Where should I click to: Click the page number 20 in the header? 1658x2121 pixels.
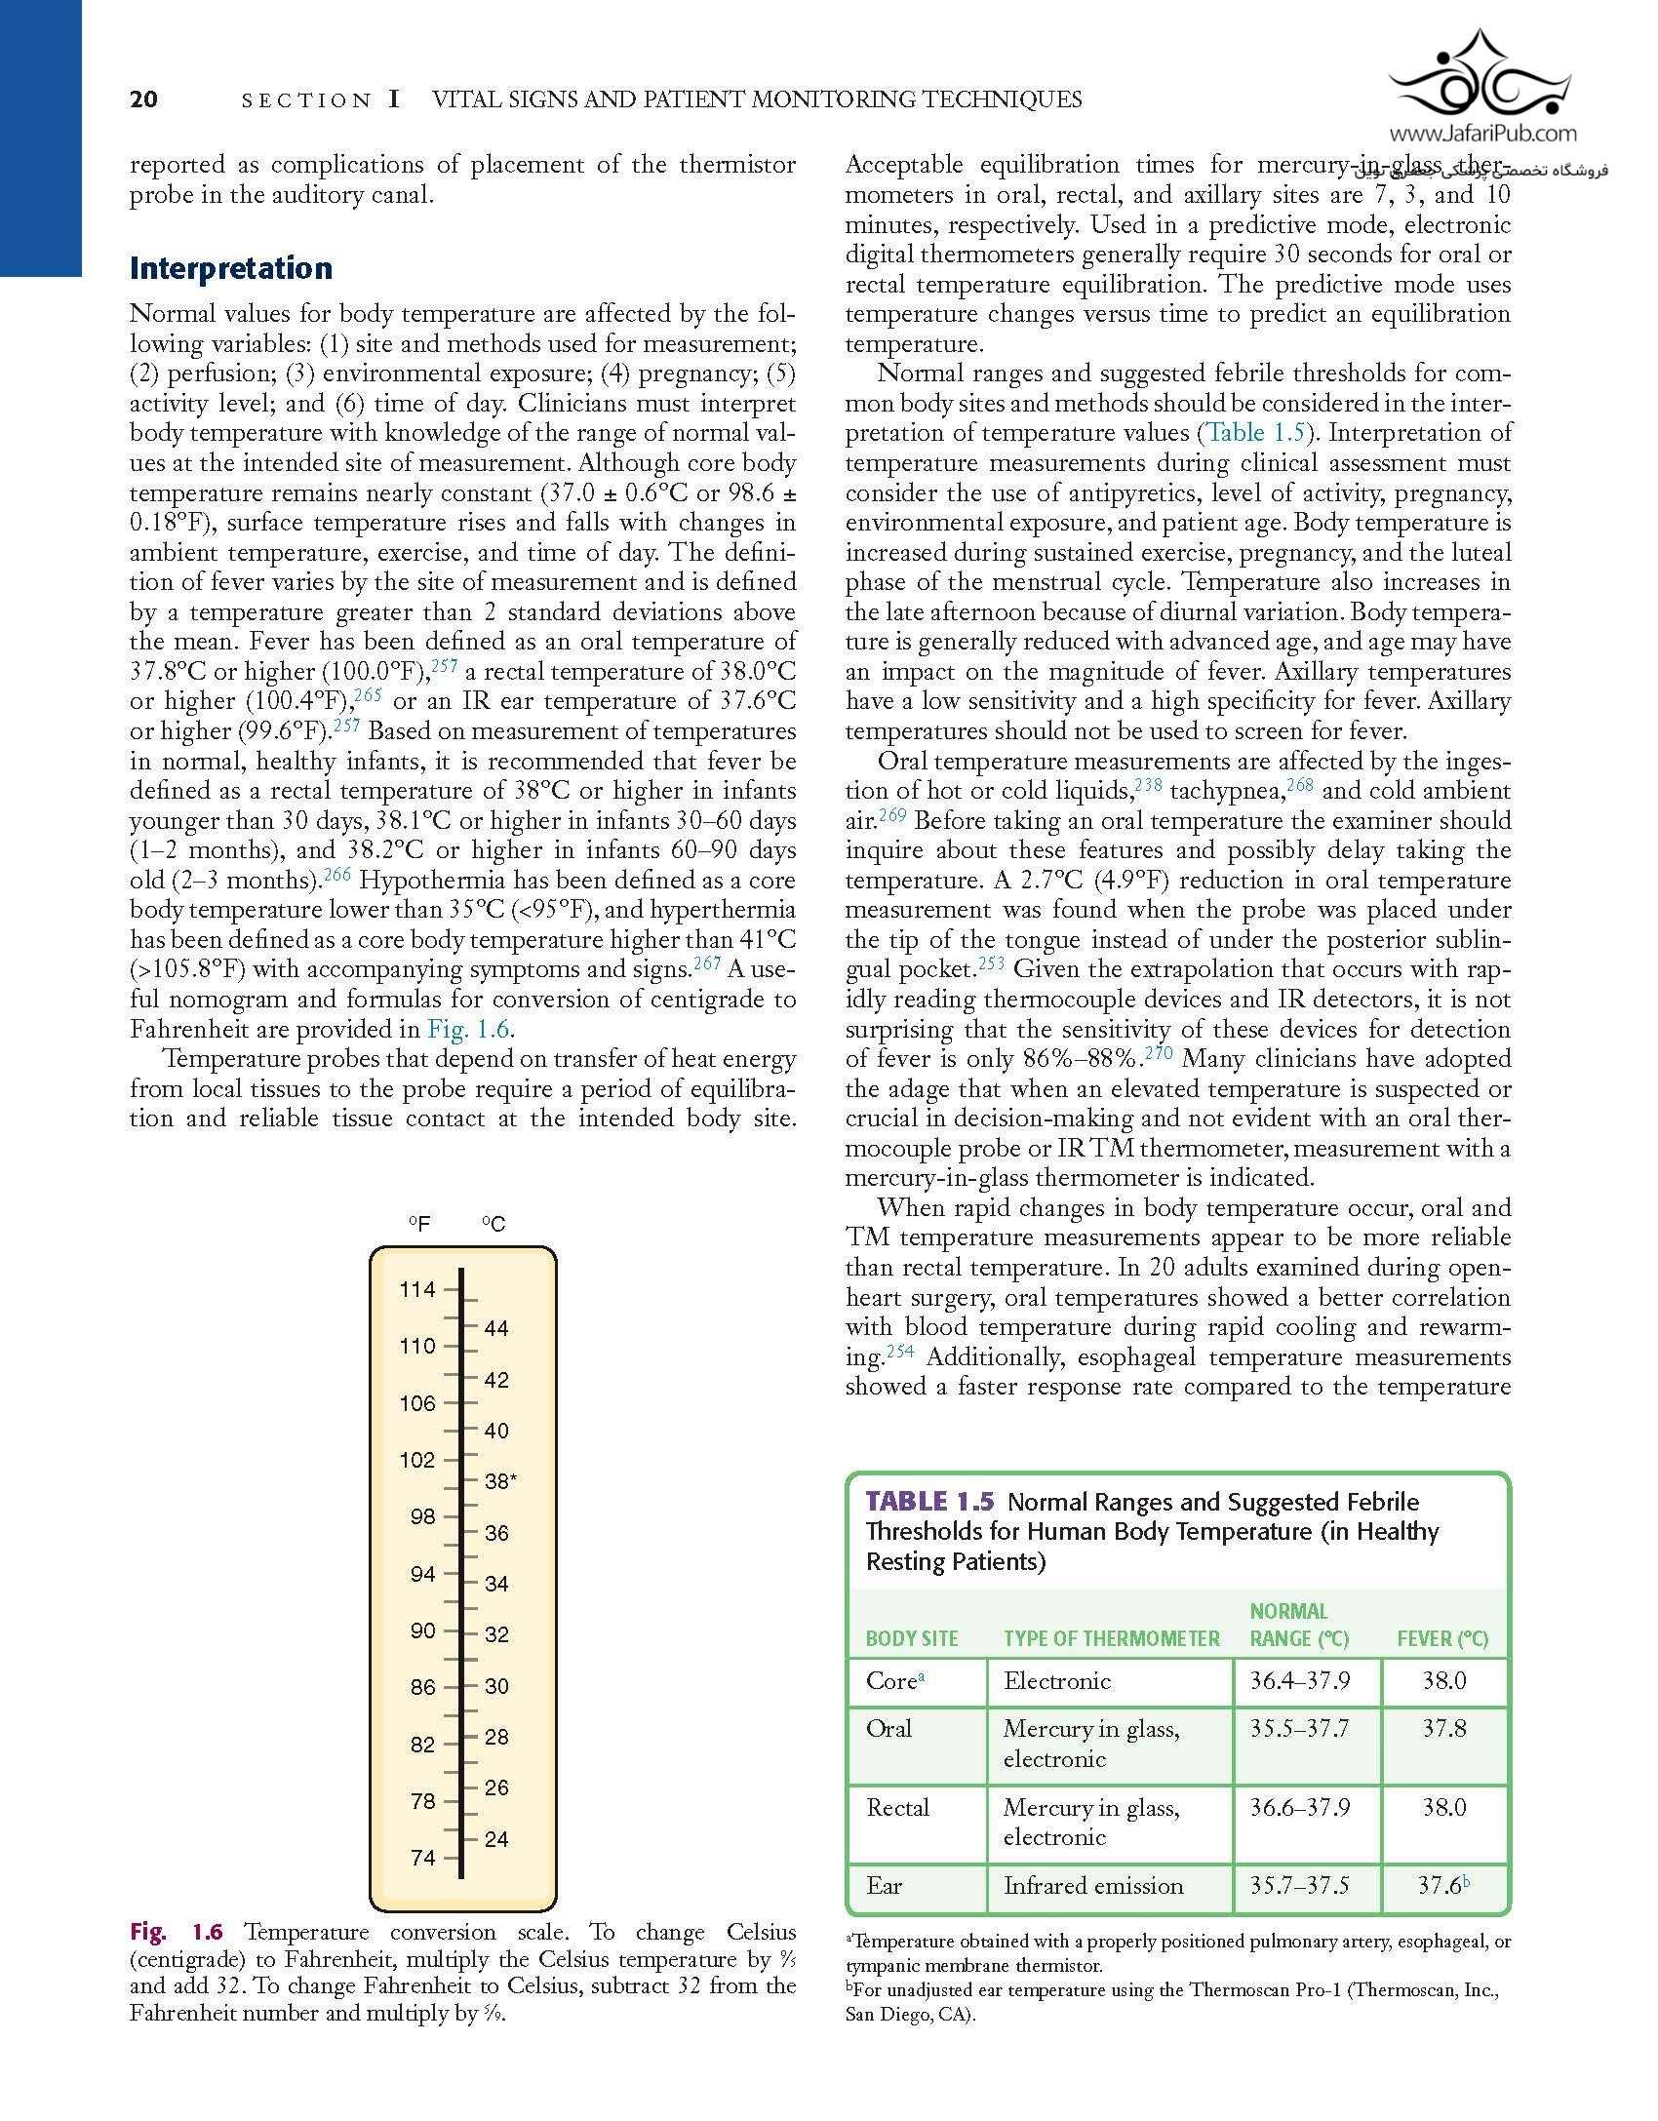pos(143,99)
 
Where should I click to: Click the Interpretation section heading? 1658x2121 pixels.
pos(231,268)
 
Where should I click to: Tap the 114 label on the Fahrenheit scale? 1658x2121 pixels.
pos(417,1289)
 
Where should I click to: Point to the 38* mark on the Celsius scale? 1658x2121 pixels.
pos(500,1481)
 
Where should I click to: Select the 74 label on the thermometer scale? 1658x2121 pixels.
pos(423,1858)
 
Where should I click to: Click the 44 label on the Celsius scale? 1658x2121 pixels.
pos(496,1328)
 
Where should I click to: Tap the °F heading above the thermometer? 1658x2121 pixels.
pos(419,1224)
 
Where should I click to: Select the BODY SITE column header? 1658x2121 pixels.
pos(912,1638)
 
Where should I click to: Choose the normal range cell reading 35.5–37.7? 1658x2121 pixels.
pos(1300,1728)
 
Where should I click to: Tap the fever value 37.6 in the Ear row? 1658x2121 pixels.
pos(1440,1885)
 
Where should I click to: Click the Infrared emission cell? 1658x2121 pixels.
pos(1093,1885)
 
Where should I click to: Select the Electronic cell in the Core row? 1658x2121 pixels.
pos(1057,1680)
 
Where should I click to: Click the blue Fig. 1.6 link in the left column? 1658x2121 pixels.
pos(470,1029)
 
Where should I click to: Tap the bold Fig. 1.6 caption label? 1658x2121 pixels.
pos(177,1932)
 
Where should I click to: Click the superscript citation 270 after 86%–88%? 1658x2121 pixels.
pos(1159,1053)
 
